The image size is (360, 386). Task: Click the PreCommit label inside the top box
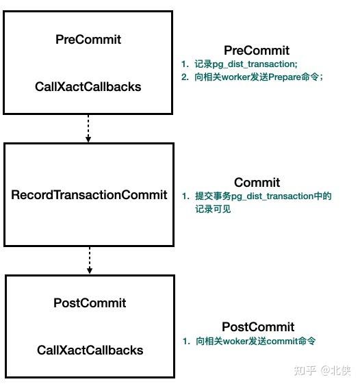tap(88, 40)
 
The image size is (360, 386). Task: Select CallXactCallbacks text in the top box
tap(88, 87)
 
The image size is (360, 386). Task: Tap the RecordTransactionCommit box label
tap(89, 195)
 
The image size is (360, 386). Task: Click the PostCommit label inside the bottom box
tap(90, 303)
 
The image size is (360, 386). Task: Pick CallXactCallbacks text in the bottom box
tap(90, 350)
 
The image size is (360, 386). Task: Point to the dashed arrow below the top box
tap(88, 128)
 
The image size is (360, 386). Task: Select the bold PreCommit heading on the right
tap(257, 51)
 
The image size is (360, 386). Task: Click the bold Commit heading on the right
tap(257, 183)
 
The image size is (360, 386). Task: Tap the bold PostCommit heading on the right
tap(258, 327)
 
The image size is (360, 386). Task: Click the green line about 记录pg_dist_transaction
tap(244, 64)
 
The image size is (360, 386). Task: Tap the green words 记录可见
tap(213, 209)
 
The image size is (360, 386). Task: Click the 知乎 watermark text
tap(305, 370)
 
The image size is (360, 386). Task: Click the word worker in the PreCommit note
tap(233, 77)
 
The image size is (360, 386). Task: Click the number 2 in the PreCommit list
tap(183, 77)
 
